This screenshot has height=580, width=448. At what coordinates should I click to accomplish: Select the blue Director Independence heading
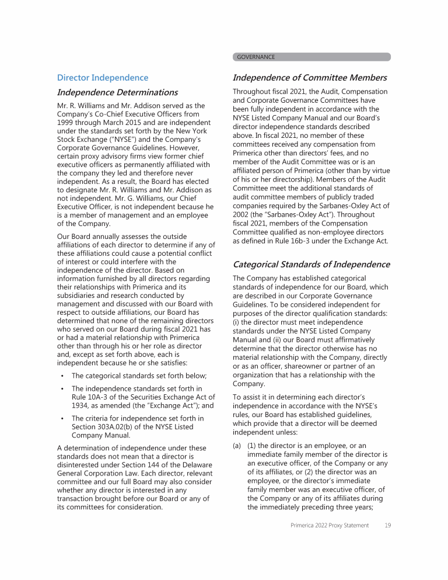click(103, 78)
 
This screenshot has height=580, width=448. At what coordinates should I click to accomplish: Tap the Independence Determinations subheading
click(117, 92)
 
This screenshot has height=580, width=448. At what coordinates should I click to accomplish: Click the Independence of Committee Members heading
click(310, 78)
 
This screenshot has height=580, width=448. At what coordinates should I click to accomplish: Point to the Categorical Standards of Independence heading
click(311, 265)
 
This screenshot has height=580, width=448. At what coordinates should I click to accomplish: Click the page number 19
click(387, 526)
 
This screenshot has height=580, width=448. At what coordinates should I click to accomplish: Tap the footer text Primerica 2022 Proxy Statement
click(330, 526)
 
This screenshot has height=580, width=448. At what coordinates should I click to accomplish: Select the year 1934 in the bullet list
click(81, 405)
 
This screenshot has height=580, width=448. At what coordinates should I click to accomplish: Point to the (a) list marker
click(237, 446)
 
